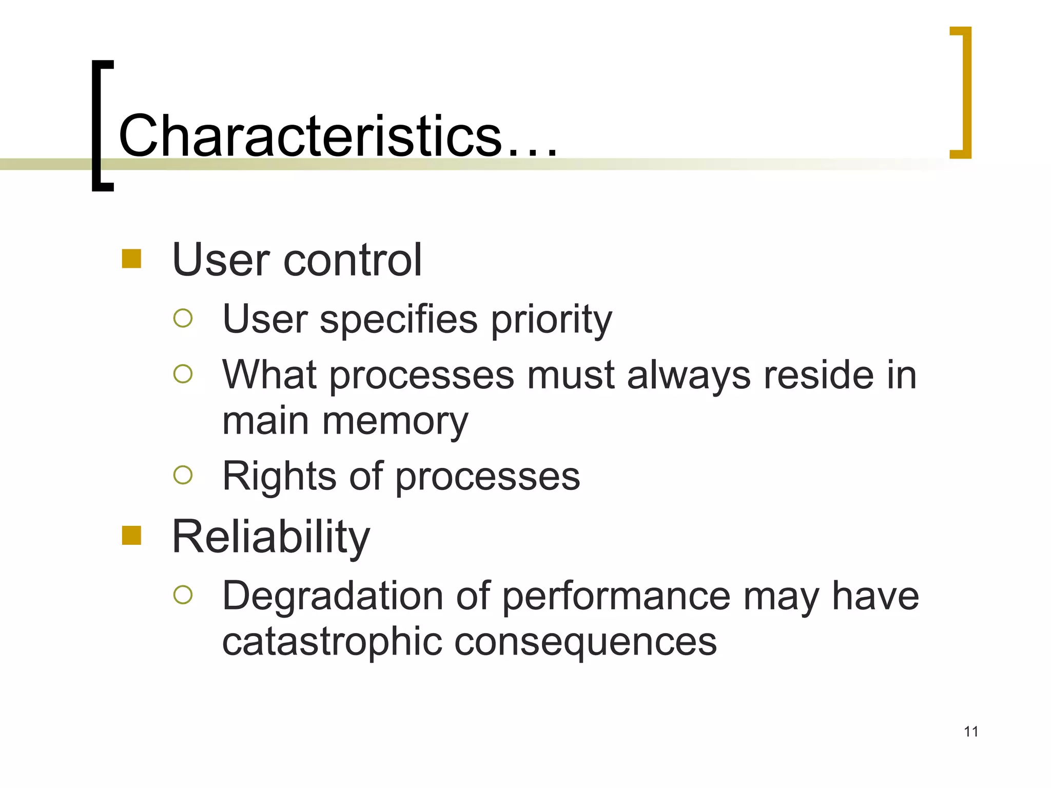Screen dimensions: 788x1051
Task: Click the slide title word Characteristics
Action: pos(310,136)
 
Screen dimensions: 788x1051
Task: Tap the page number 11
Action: pos(970,732)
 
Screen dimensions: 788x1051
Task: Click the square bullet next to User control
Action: pos(131,259)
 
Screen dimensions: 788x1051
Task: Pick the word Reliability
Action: pos(270,537)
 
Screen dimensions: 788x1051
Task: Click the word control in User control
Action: pos(353,260)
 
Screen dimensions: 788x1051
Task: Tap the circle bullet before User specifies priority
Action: pos(183,318)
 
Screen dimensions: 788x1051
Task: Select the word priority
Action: pos(551,320)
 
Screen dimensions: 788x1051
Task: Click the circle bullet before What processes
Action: pos(183,373)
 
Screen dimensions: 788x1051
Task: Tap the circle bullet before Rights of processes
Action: pos(183,475)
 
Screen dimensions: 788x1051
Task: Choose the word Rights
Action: pos(279,477)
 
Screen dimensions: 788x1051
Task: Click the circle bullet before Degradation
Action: pos(183,595)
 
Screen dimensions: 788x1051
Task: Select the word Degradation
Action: pos(333,596)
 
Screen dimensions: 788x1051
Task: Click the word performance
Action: pos(616,597)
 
